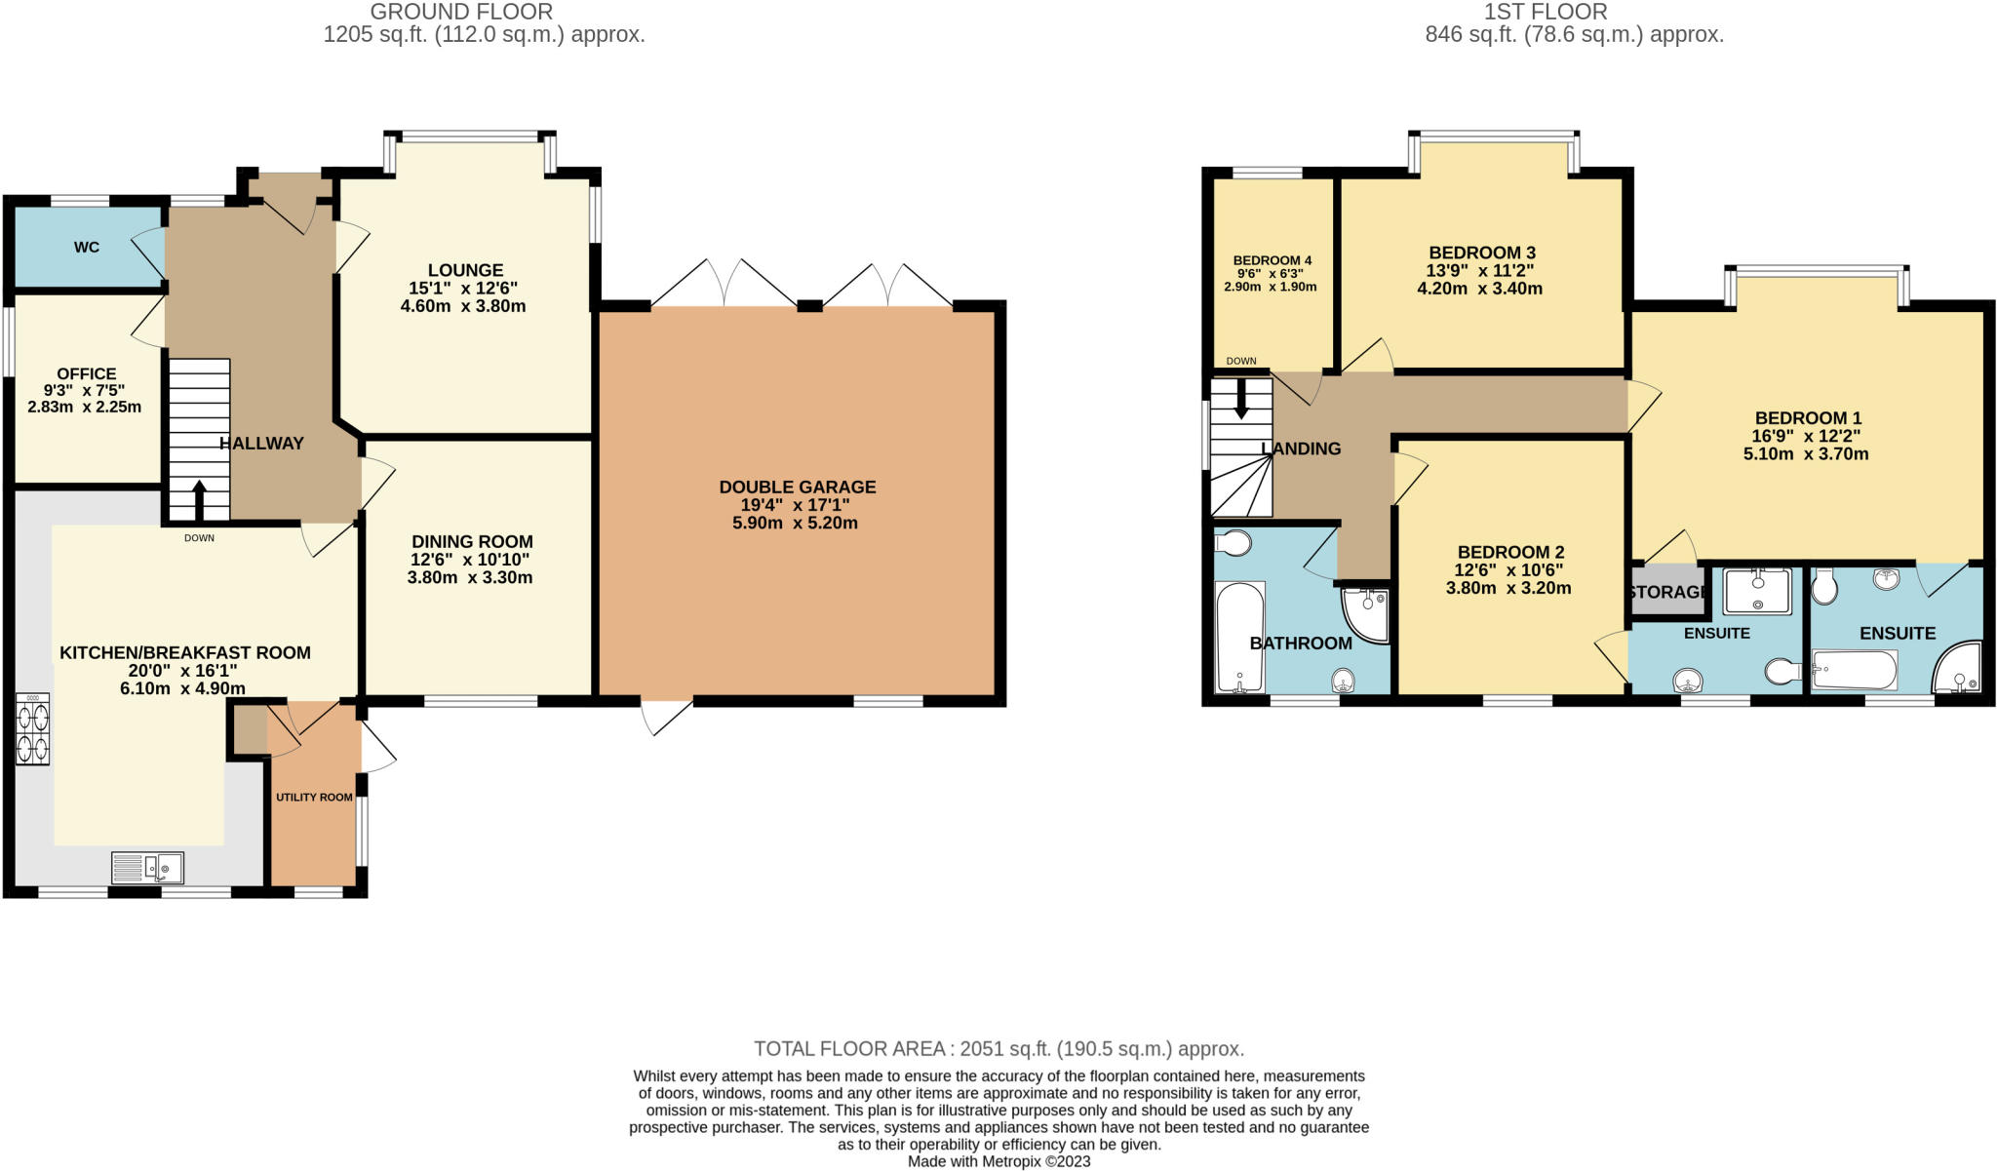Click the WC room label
point(87,248)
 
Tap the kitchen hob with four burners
point(33,729)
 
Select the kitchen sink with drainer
point(147,867)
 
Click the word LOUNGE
point(465,270)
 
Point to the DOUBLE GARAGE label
point(797,487)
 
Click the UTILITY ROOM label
point(314,798)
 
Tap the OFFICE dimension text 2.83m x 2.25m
point(85,407)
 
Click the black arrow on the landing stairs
point(1241,398)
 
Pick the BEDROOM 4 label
point(1272,260)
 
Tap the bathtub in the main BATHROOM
point(1239,637)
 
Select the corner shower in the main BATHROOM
point(1366,614)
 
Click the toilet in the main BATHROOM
point(1233,543)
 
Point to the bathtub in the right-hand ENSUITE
point(1854,670)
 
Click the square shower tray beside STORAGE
point(1757,591)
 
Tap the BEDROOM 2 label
point(1509,552)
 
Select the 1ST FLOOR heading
point(1546,12)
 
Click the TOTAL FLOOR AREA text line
point(998,1049)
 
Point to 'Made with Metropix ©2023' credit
point(998,1161)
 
